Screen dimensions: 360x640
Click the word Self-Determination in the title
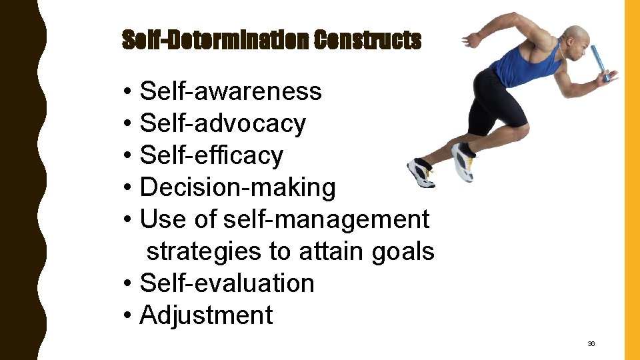[x=215, y=41]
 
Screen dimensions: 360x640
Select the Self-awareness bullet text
[x=231, y=91]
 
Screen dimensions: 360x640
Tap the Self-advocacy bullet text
[x=223, y=123]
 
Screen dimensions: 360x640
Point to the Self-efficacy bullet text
[x=211, y=155]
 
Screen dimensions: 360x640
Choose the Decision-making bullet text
[x=237, y=187]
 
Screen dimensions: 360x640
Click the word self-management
[x=327, y=219]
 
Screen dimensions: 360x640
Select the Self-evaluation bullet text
[x=227, y=283]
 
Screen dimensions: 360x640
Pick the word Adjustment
[x=206, y=315]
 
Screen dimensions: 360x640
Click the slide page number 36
[x=591, y=344]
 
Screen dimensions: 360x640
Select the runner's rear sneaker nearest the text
[x=420, y=172]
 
